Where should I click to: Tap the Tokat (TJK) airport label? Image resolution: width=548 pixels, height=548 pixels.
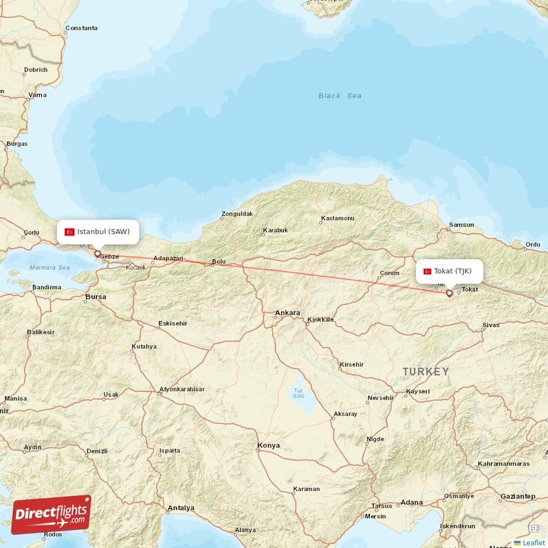tap(452, 271)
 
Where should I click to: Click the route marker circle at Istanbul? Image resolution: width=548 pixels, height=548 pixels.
tap(97, 254)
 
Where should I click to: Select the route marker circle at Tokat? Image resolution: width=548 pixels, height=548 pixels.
tap(449, 293)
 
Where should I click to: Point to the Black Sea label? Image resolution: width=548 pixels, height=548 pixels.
tap(340, 96)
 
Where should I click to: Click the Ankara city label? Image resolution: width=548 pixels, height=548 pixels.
tap(287, 313)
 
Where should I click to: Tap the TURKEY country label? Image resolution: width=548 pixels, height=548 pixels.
tap(425, 371)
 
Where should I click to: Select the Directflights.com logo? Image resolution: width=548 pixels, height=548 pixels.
tap(51, 514)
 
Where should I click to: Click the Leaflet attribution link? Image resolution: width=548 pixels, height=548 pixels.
tap(533, 543)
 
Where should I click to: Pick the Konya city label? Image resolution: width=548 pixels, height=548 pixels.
tap(269, 445)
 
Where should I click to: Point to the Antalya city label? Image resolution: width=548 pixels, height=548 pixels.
tap(181, 508)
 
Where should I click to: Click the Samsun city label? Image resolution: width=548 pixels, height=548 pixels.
tap(461, 225)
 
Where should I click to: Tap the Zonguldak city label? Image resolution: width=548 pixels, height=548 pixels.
tap(237, 214)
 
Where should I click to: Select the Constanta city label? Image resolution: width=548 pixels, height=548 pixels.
tap(81, 29)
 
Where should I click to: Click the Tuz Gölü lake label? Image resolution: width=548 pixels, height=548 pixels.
tap(298, 393)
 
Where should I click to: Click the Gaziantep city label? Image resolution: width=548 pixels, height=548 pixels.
tap(517, 495)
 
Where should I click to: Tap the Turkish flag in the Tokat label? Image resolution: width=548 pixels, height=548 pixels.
tap(427, 271)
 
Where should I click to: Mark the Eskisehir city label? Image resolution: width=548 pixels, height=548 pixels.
tap(172, 323)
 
